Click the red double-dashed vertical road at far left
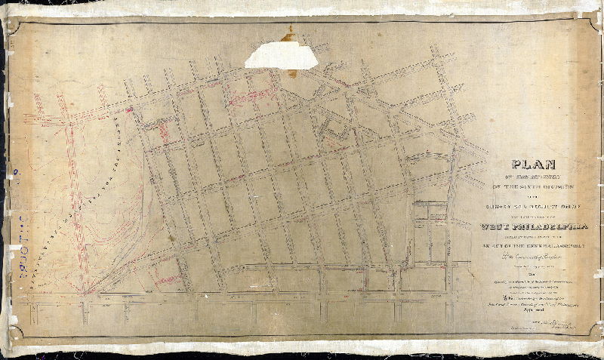tap(73, 196)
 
